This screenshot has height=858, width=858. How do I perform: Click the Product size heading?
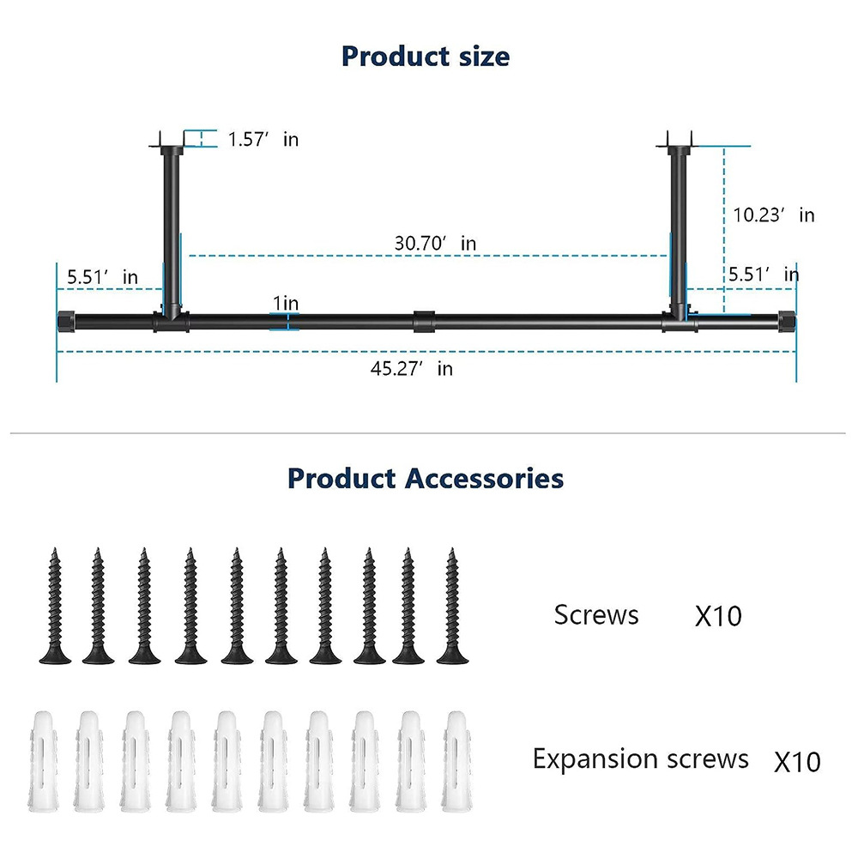tap(426, 57)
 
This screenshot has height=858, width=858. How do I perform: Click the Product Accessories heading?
tap(426, 478)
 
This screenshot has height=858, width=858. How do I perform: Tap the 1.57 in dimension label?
tap(263, 138)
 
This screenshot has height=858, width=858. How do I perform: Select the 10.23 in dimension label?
tap(773, 214)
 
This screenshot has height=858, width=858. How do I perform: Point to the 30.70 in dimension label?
tap(435, 243)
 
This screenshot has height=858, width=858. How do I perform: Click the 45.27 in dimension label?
tap(411, 368)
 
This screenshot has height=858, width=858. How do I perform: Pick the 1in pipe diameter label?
tap(286, 303)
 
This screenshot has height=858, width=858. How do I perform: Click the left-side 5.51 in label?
tap(102, 276)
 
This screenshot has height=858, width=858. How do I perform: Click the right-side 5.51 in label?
tap(763, 274)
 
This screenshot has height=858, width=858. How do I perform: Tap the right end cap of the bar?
tap(786, 322)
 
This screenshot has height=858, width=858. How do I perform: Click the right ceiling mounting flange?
tap(678, 144)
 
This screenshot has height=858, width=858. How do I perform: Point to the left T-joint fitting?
tap(170, 319)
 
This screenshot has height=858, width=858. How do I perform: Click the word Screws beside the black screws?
tap(596, 615)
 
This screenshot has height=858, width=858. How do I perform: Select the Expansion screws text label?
tap(640, 758)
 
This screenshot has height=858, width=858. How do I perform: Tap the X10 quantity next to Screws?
tap(717, 616)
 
